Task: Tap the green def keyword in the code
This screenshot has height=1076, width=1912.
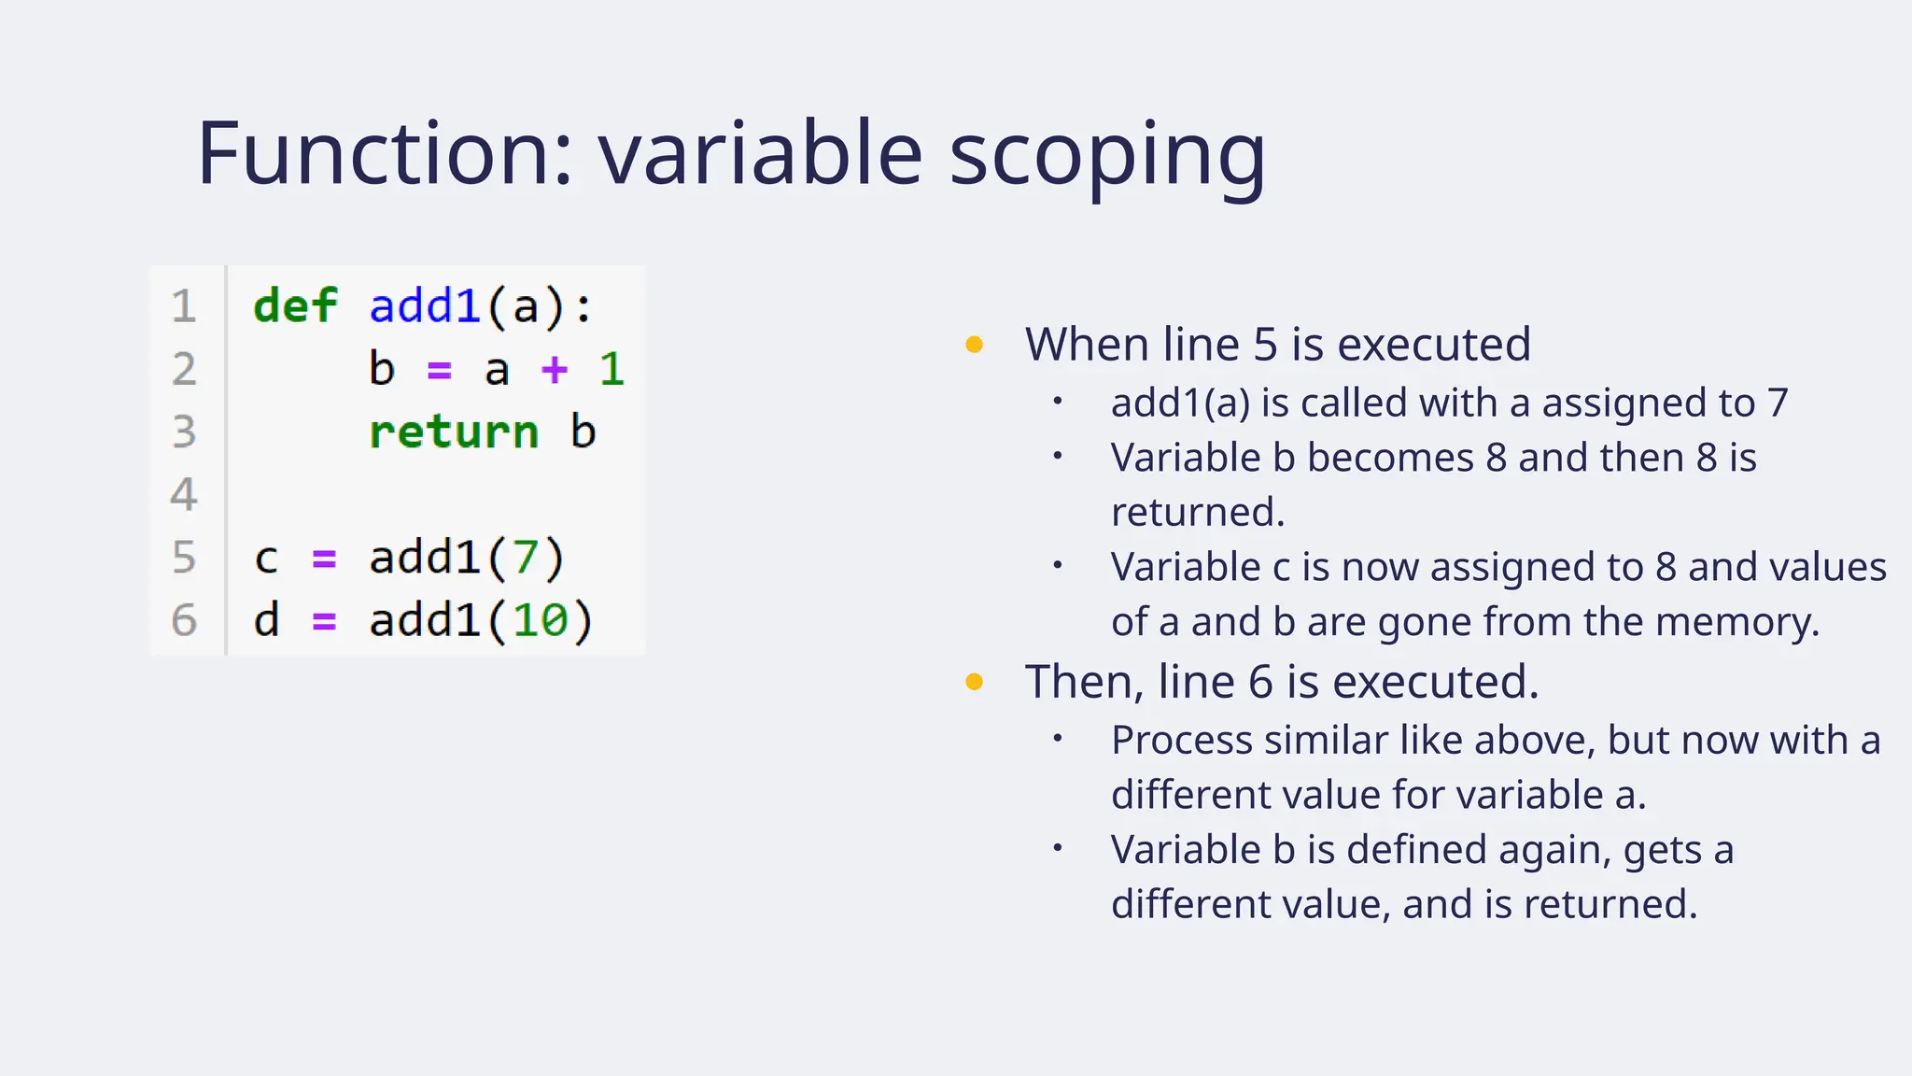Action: (x=295, y=306)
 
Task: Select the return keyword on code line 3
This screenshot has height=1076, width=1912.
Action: (x=454, y=432)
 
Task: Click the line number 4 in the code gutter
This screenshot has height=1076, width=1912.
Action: (x=184, y=494)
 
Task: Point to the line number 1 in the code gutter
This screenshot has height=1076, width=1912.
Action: (x=184, y=306)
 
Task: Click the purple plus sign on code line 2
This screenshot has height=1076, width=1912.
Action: (x=555, y=370)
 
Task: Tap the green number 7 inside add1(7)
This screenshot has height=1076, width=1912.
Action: (x=526, y=558)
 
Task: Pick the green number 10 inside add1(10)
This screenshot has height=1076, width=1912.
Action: (x=540, y=620)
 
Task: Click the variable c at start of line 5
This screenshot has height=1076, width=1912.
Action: (x=266, y=559)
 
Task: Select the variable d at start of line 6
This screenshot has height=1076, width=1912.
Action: (x=266, y=620)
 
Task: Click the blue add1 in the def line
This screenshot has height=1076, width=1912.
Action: (x=425, y=306)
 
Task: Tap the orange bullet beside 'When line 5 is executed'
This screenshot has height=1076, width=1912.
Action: (x=974, y=345)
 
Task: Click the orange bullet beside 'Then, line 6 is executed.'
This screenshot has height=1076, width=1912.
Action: (x=974, y=682)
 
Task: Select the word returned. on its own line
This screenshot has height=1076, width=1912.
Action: (x=1198, y=512)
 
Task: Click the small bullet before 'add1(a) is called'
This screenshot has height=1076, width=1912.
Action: (x=1058, y=402)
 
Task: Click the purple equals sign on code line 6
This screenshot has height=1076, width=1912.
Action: (x=324, y=620)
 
